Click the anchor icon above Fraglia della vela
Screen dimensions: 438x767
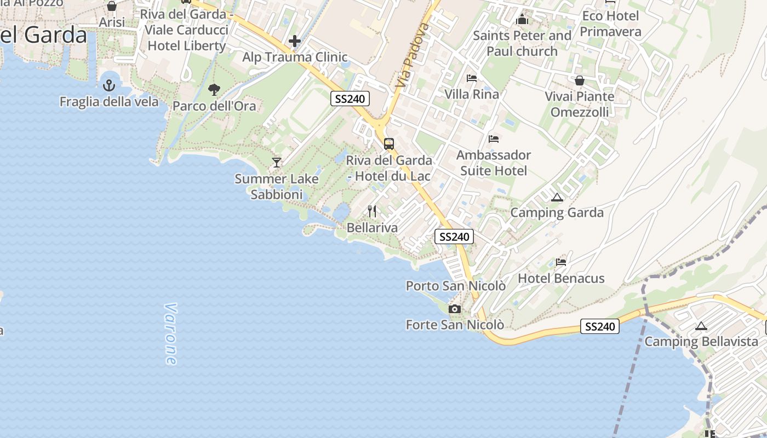click(x=109, y=85)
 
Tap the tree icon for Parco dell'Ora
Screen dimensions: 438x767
click(x=214, y=89)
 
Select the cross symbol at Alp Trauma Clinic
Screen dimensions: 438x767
click(x=295, y=41)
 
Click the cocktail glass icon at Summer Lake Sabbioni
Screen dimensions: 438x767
click(x=277, y=162)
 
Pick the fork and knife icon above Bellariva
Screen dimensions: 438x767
click(x=372, y=211)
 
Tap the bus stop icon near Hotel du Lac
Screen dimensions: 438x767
click(x=389, y=144)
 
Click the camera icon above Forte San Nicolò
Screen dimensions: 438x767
click(x=454, y=309)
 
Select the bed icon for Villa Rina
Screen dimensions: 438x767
click(x=471, y=78)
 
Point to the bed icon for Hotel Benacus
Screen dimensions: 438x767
click(x=561, y=262)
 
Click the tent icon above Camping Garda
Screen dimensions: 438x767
click(x=557, y=197)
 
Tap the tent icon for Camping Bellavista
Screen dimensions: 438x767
click(x=701, y=326)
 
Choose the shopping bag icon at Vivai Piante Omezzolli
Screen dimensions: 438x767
click(x=580, y=80)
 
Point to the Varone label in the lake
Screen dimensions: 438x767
click(x=170, y=334)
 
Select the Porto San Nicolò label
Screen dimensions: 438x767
click(x=455, y=286)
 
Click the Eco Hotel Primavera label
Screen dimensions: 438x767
click(x=610, y=24)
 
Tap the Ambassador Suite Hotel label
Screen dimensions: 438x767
click(x=494, y=163)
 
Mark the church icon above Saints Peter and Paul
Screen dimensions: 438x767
click(x=522, y=20)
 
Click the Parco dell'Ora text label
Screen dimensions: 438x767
click(x=214, y=106)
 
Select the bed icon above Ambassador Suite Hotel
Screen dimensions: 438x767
click(x=494, y=139)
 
